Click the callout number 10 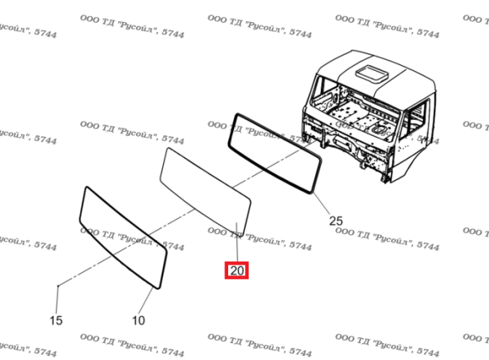[x=139, y=320]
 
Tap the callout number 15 [x=56, y=320]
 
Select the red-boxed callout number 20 [x=236, y=270]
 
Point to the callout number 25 [x=336, y=221]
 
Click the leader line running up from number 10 [x=146, y=301]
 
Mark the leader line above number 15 [x=57, y=300]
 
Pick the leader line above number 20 [x=237, y=242]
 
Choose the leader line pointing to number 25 [x=322, y=204]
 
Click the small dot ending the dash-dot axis [x=58, y=286]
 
